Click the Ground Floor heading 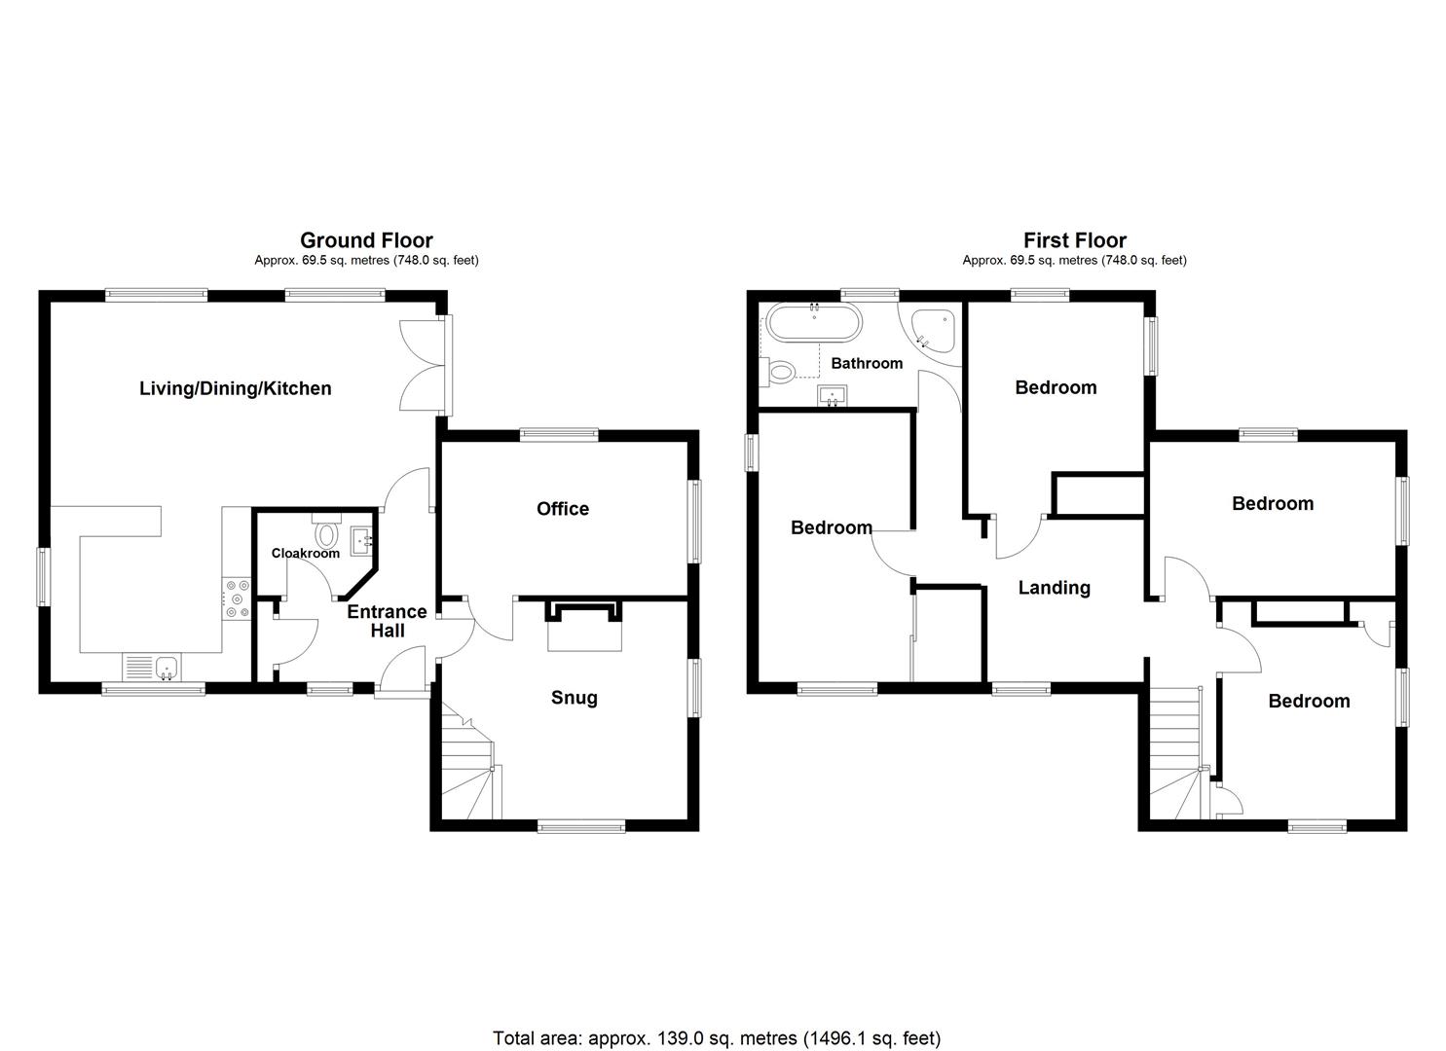(x=366, y=240)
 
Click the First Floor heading (x=1074, y=240)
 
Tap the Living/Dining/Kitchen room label (x=236, y=388)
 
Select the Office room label (x=563, y=509)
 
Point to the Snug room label (x=575, y=698)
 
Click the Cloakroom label (x=306, y=553)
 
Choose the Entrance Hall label (x=387, y=621)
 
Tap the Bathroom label (x=867, y=363)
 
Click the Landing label (x=1054, y=588)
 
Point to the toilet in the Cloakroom (x=325, y=532)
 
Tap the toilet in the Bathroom (x=781, y=371)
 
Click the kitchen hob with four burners (x=237, y=598)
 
